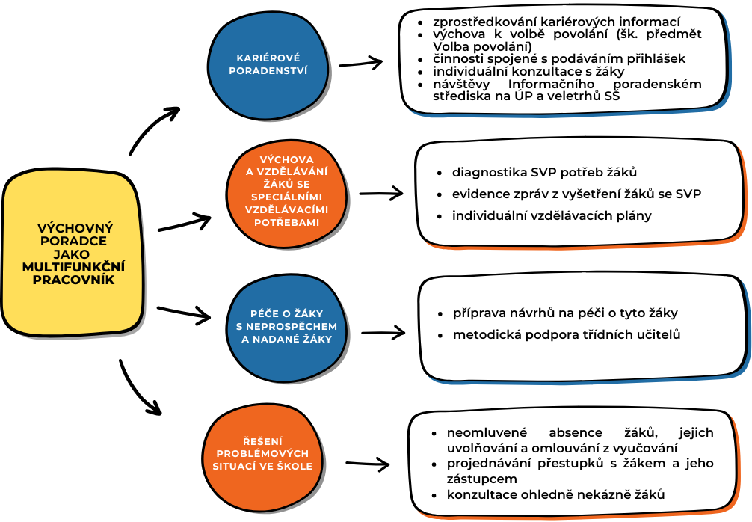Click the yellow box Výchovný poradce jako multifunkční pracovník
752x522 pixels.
pyautogui.click(x=72, y=254)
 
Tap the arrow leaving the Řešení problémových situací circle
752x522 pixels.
pyautogui.click(x=367, y=464)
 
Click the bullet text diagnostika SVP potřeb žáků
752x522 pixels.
pyautogui.click(x=544, y=173)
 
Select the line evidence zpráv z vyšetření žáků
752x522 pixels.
pyautogui.click(x=576, y=194)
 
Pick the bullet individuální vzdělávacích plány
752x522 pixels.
pyautogui.click(x=552, y=216)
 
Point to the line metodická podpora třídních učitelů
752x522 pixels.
pyautogui.click(x=567, y=334)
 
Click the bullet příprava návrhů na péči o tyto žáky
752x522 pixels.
pyautogui.click(x=565, y=313)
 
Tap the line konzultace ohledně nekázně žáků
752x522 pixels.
pyautogui.click(x=556, y=494)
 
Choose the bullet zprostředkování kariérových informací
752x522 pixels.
pyautogui.click(x=556, y=22)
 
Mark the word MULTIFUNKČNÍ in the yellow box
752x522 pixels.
pyautogui.click(x=73, y=267)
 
